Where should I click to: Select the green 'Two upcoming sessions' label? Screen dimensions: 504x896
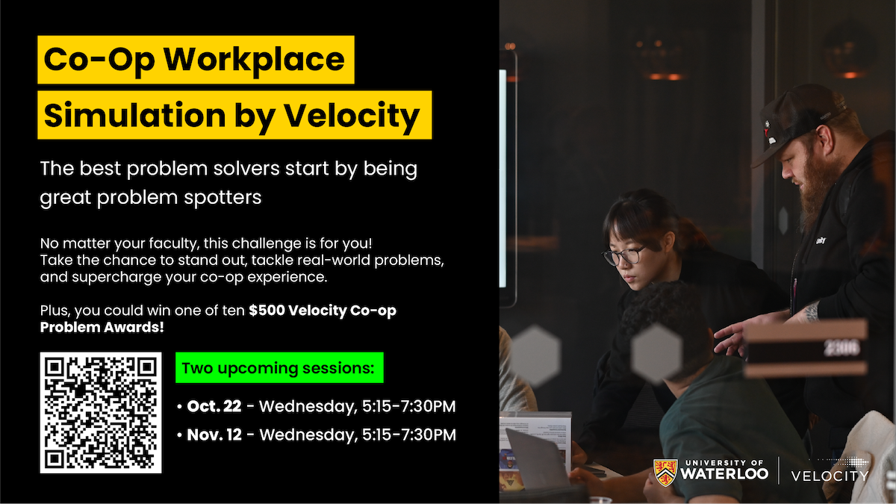[x=279, y=368]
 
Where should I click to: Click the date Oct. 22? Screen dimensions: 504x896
[x=214, y=407]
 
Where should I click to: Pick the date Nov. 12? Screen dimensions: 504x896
[x=215, y=435]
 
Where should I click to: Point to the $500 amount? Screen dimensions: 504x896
[x=268, y=311]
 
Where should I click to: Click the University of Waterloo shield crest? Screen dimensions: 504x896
[x=665, y=473]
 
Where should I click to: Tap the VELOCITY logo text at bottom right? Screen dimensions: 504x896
[x=830, y=476]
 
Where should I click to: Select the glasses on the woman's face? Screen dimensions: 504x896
[x=624, y=256]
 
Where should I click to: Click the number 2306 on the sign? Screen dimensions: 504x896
[x=841, y=348]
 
